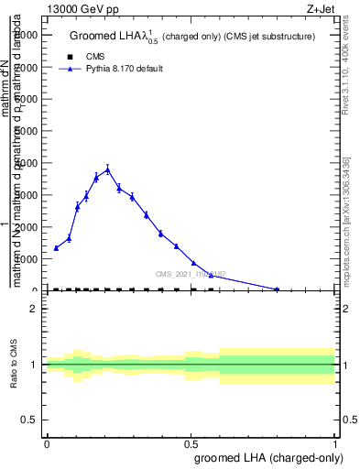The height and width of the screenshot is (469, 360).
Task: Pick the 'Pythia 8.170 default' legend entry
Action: click(x=110, y=69)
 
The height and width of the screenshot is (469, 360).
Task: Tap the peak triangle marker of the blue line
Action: click(x=108, y=169)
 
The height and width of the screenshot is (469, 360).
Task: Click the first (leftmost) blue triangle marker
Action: click(x=56, y=248)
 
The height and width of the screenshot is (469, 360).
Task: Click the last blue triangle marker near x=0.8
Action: click(x=277, y=289)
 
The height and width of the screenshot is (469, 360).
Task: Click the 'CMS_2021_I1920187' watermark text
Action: click(x=191, y=274)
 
